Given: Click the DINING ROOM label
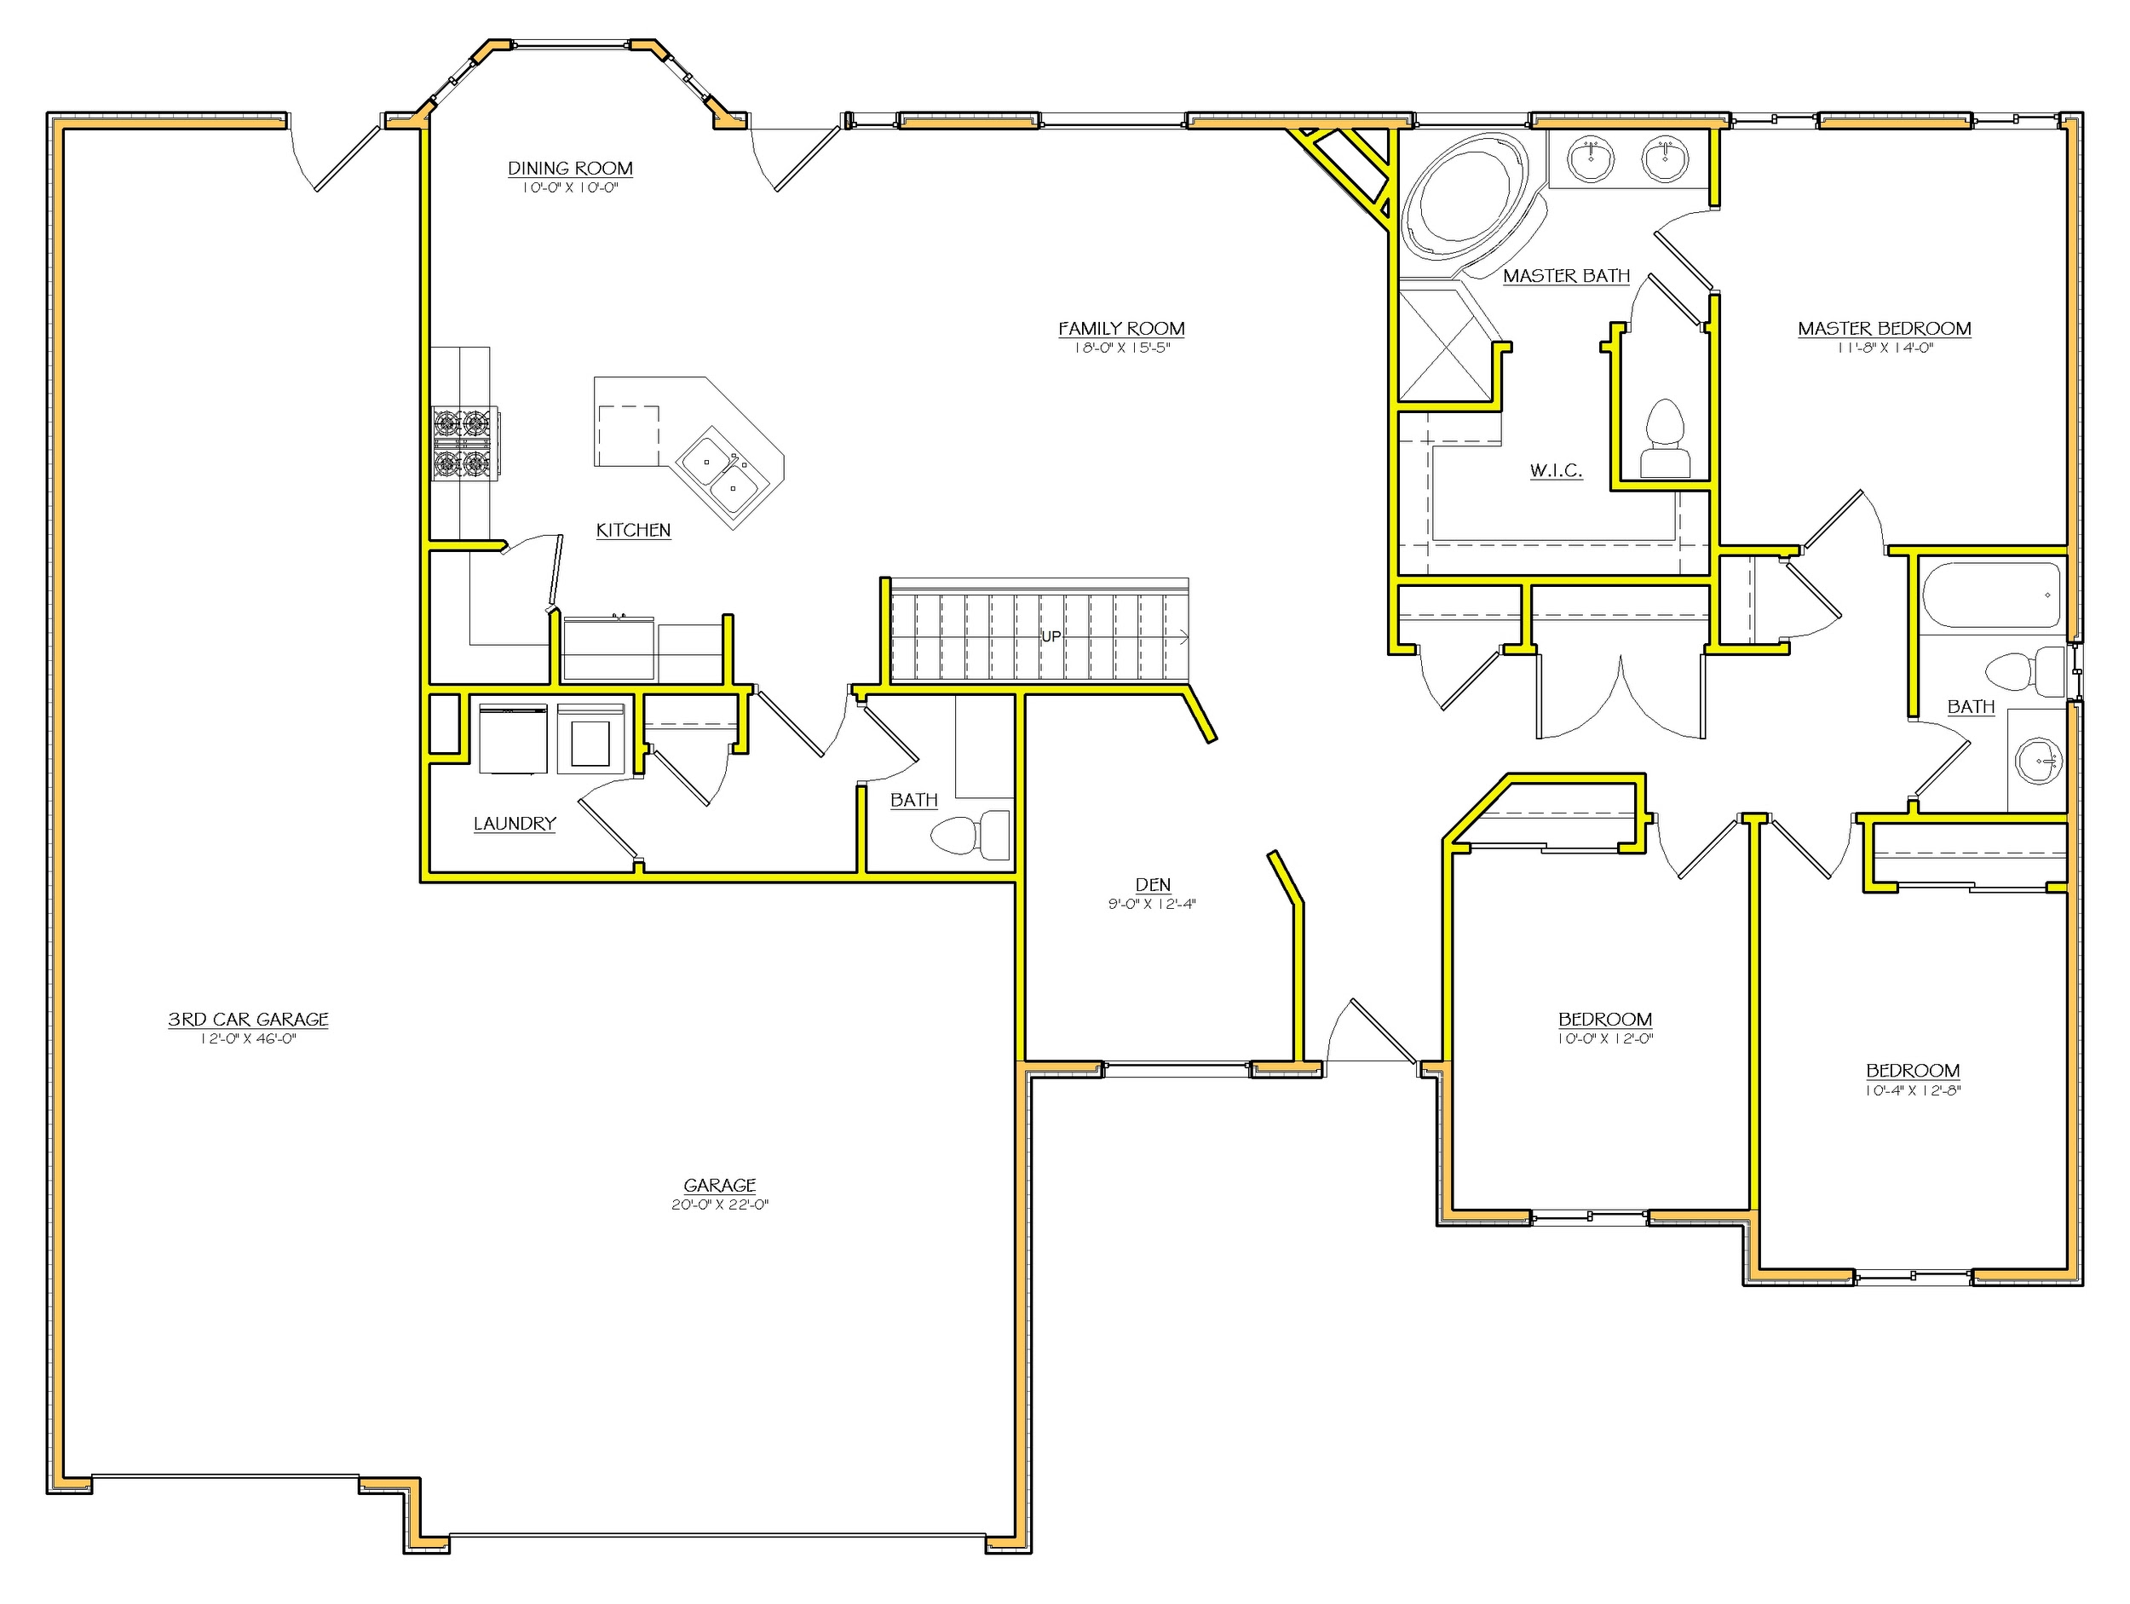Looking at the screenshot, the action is pyautogui.click(x=570, y=169).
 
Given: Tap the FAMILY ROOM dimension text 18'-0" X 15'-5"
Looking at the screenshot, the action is pyautogui.click(x=1121, y=348).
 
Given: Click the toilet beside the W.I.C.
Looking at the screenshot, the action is pyautogui.click(x=1665, y=440).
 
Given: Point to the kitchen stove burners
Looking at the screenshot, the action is pyautogui.click(x=462, y=443).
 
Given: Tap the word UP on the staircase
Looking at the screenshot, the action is pyautogui.click(x=1051, y=636).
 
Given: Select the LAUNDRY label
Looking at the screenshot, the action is pyautogui.click(x=515, y=823).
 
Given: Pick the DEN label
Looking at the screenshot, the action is pyautogui.click(x=1153, y=884).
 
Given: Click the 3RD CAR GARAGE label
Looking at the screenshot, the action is pyautogui.click(x=249, y=1019).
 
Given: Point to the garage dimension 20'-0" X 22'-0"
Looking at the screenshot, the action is pyautogui.click(x=719, y=1204).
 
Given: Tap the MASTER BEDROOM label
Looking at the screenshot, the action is pyautogui.click(x=1884, y=328).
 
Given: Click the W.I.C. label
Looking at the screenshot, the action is pyautogui.click(x=1555, y=470).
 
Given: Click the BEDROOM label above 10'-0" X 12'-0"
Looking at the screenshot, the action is pyautogui.click(x=1605, y=1019).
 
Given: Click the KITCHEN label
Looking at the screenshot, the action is pyautogui.click(x=633, y=530).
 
